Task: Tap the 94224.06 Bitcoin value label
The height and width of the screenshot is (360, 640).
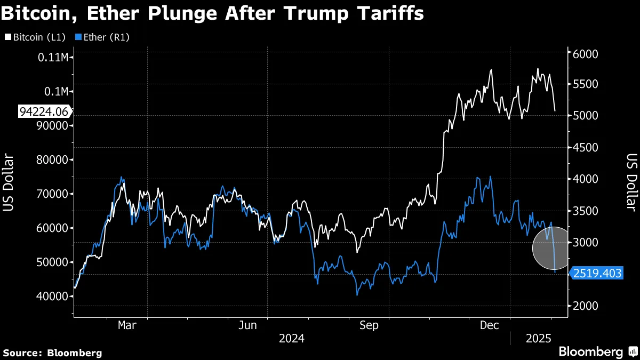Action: pyautogui.click(x=44, y=111)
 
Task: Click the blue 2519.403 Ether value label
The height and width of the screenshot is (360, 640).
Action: pyautogui.click(x=596, y=273)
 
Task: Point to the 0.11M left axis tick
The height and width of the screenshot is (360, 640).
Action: pyautogui.click(x=52, y=57)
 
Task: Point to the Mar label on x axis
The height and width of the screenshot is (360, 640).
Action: pyautogui.click(x=127, y=325)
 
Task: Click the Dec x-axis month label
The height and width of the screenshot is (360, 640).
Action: pyautogui.click(x=489, y=325)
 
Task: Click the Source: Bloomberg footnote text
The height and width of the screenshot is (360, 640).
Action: pyautogui.click(x=52, y=353)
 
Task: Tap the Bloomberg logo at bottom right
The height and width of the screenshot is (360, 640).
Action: pyautogui.click(x=597, y=352)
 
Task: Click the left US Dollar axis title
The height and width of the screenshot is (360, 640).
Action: pyautogui.click(x=9, y=181)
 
